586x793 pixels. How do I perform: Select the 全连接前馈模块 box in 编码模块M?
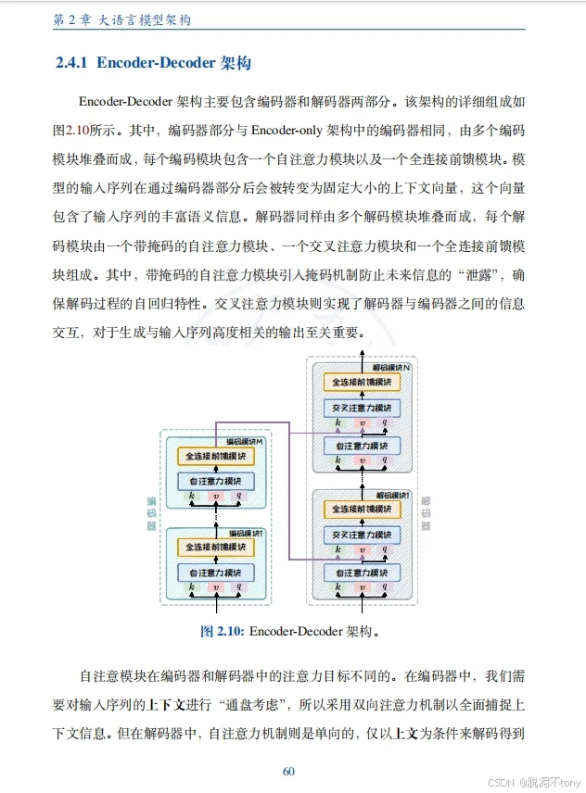pos(215,457)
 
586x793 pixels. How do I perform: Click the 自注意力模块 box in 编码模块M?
pos(215,481)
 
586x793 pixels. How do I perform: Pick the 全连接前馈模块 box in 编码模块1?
pos(215,548)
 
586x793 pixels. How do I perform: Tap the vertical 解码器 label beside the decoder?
pos(426,513)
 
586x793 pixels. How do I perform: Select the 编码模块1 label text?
pos(246,534)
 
